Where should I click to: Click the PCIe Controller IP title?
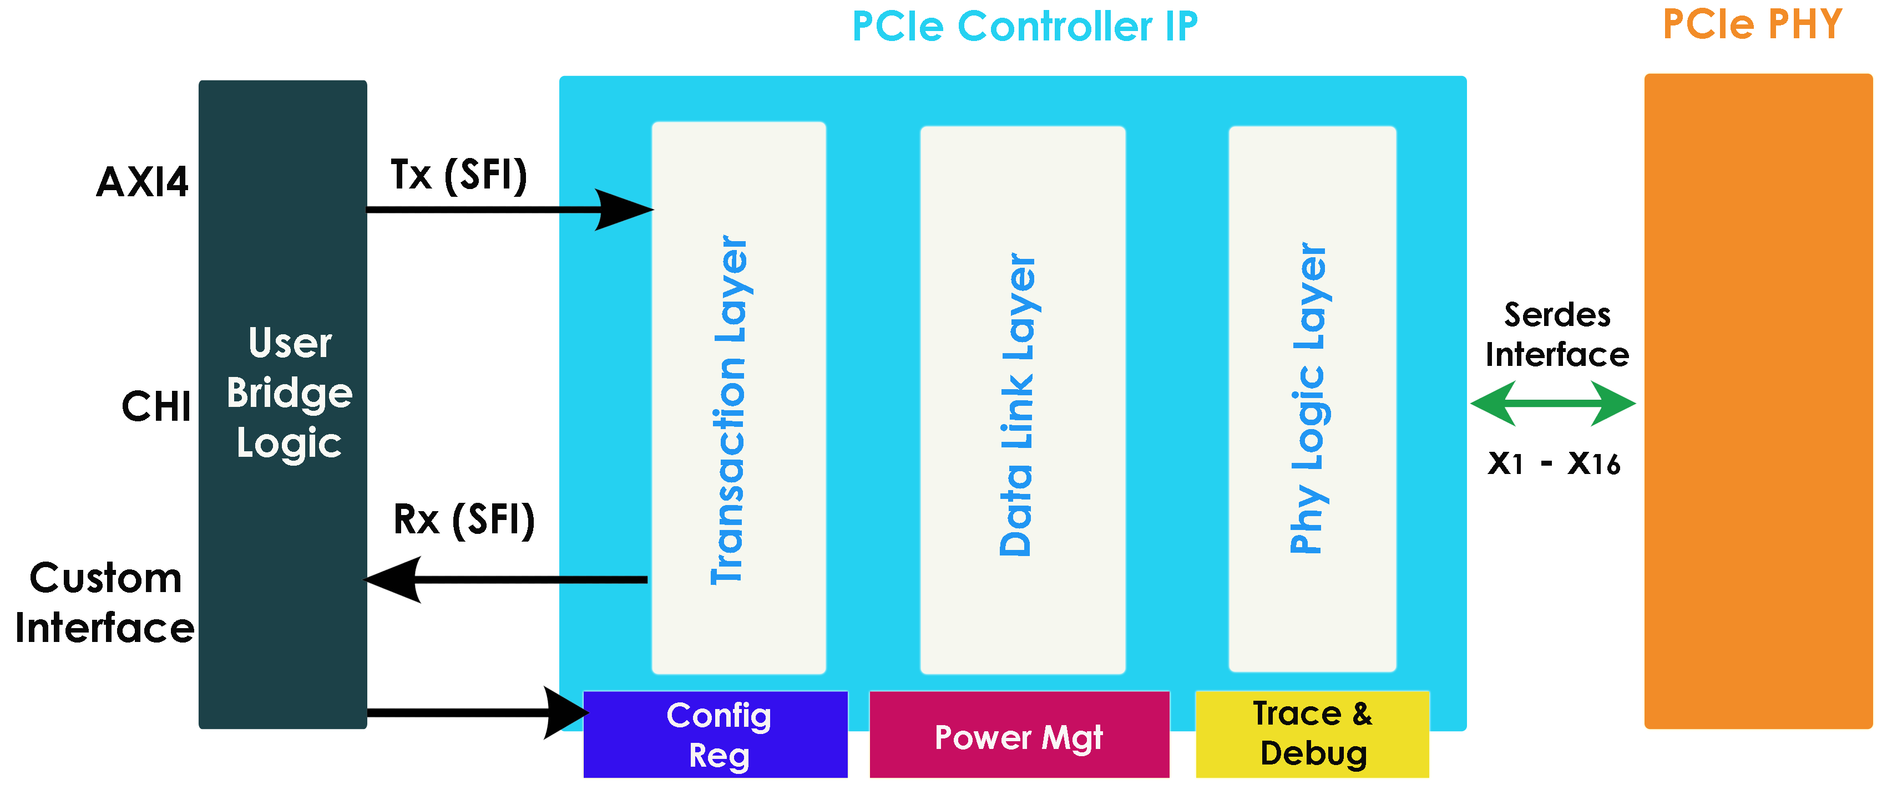(x=1024, y=27)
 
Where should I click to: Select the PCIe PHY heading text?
(x=1752, y=25)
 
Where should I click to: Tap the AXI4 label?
(x=143, y=182)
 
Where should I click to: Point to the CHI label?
(x=157, y=407)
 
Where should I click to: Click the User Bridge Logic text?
(x=289, y=394)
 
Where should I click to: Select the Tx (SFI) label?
(x=459, y=175)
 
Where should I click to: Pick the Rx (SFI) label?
(x=464, y=520)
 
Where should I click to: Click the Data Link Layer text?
(x=1018, y=404)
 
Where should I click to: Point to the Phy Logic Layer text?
(x=1309, y=398)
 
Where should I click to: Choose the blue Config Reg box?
(x=716, y=735)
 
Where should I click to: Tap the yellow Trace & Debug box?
(x=1312, y=734)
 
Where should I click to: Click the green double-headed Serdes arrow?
(x=1553, y=403)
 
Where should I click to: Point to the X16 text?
(x=1593, y=463)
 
